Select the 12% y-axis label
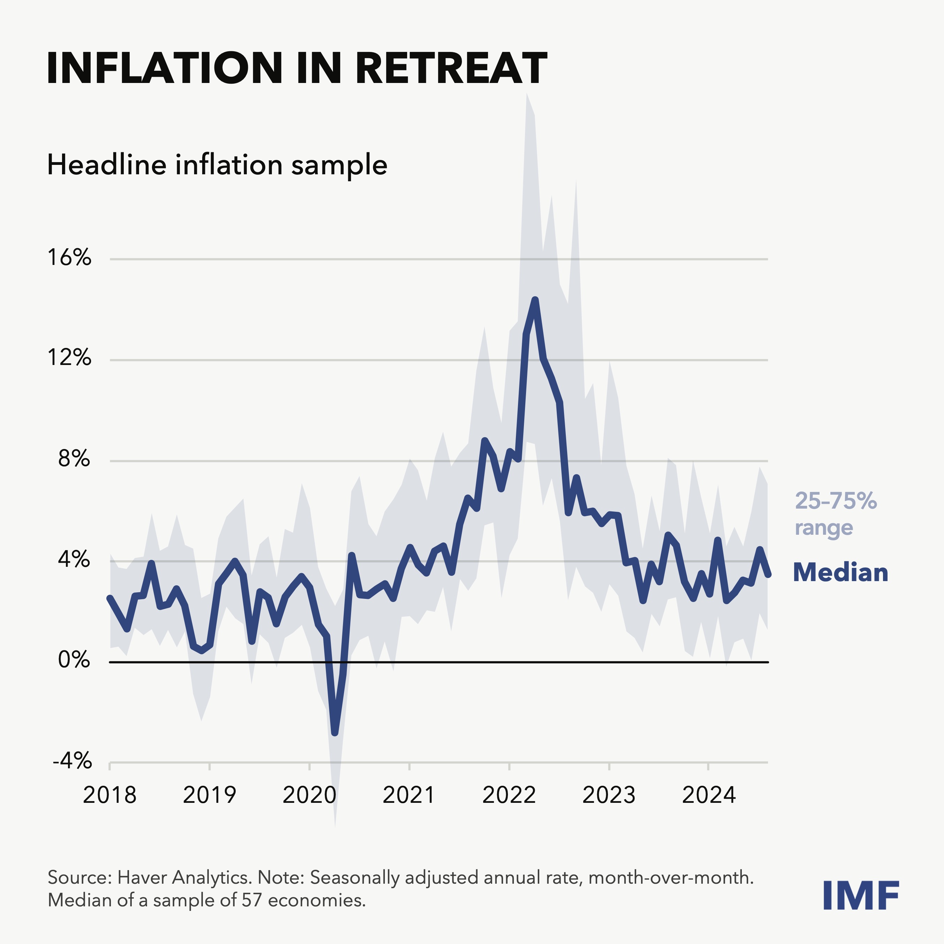coord(69,358)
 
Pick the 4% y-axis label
coord(74,559)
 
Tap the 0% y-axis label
coord(74,660)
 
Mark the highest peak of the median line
coord(535,300)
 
